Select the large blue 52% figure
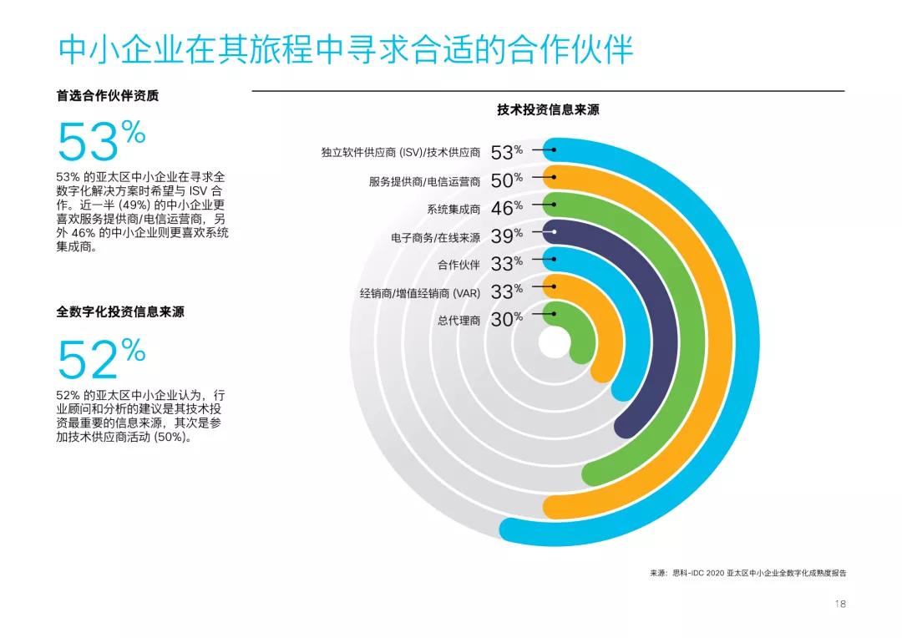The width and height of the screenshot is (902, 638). point(101,359)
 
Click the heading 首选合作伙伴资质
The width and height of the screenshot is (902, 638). point(108,95)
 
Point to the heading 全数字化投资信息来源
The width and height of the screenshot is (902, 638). point(120,311)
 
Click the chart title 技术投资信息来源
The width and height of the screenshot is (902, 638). point(548,109)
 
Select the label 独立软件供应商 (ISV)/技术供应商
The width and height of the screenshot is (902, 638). point(401,152)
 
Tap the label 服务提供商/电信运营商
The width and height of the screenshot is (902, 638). point(425,181)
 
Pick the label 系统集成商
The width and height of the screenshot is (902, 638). point(454,209)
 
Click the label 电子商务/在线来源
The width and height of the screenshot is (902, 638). point(436,237)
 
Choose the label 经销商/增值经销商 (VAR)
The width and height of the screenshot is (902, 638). point(420,293)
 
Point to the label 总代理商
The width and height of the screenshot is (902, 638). point(459,320)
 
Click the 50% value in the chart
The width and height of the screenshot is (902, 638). point(506,180)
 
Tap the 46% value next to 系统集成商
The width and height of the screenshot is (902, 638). point(506,208)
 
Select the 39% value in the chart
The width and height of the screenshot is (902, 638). point(506,236)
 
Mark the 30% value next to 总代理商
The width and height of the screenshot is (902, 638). point(506,319)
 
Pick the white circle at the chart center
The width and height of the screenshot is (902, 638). point(553,342)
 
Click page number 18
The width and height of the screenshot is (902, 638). point(839,604)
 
